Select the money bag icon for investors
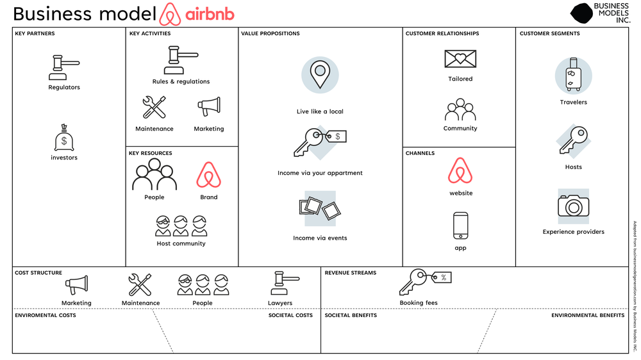(64, 138)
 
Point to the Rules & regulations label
(181, 82)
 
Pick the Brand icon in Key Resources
(209, 175)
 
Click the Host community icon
(181, 225)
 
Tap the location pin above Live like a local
(320, 74)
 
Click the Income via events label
(320, 238)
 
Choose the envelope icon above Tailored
(460, 59)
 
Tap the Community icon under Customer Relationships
(460, 110)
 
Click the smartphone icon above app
(460, 225)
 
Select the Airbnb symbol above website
(460, 171)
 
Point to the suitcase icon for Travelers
(573, 76)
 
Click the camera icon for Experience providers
(573, 206)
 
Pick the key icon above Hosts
(573, 141)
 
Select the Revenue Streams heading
(351, 273)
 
